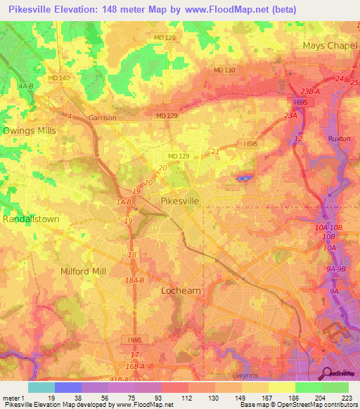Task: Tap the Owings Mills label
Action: [x=30, y=131]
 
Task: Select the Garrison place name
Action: [x=102, y=118]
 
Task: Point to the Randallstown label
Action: [x=31, y=219]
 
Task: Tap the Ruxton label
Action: [x=339, y=139]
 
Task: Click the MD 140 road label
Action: [x=58, y=78]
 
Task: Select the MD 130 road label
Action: [x=224, y=70]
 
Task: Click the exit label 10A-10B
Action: [x=328, y=228]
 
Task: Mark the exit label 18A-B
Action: [x=134, y=280]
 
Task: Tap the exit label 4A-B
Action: [x=26, y=86]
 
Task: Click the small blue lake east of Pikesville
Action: [x=243, y=178]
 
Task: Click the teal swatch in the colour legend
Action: [x=41, y=387]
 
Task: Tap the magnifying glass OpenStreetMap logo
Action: [x=326, y=373]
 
